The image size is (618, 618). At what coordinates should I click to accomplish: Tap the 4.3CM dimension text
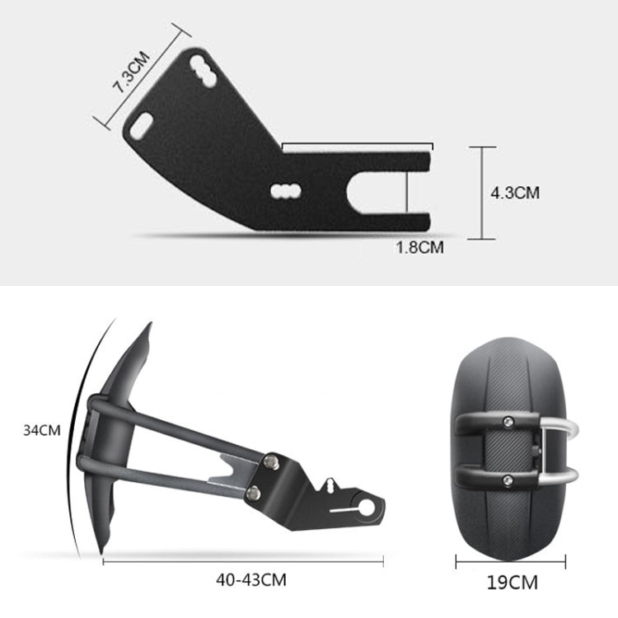pyautogui.click(x=515, y=193)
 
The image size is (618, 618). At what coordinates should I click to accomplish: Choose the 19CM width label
pyautogui.click(x=510, y=583)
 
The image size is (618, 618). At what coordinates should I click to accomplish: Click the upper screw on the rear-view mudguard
pyautogui.click(x=507, y=422)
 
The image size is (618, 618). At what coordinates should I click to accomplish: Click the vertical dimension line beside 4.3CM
pyautogui.click(x=481, y=193)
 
